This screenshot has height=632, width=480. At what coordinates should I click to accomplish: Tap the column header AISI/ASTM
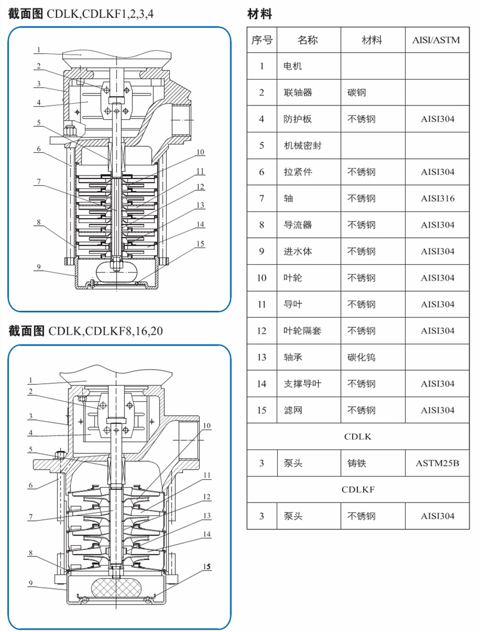[437, 40]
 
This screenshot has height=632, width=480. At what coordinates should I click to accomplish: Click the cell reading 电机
[293, 66]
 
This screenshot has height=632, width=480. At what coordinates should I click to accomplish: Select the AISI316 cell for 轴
[437, 198]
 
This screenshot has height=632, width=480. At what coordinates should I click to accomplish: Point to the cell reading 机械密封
[302, 146]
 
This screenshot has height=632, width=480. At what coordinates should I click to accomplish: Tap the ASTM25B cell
[437, 463]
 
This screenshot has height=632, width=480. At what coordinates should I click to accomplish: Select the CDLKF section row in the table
[358, 489]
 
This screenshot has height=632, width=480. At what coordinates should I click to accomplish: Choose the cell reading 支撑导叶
[302, 383]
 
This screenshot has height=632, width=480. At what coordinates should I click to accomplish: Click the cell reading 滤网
[293, 410]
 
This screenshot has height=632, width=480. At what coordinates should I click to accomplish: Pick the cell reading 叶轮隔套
[302, 331]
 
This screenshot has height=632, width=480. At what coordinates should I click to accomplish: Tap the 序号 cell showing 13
[262, 357]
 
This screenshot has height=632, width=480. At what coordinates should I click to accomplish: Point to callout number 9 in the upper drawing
[37, 268]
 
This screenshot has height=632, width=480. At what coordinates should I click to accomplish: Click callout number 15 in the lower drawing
[206, 566]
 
